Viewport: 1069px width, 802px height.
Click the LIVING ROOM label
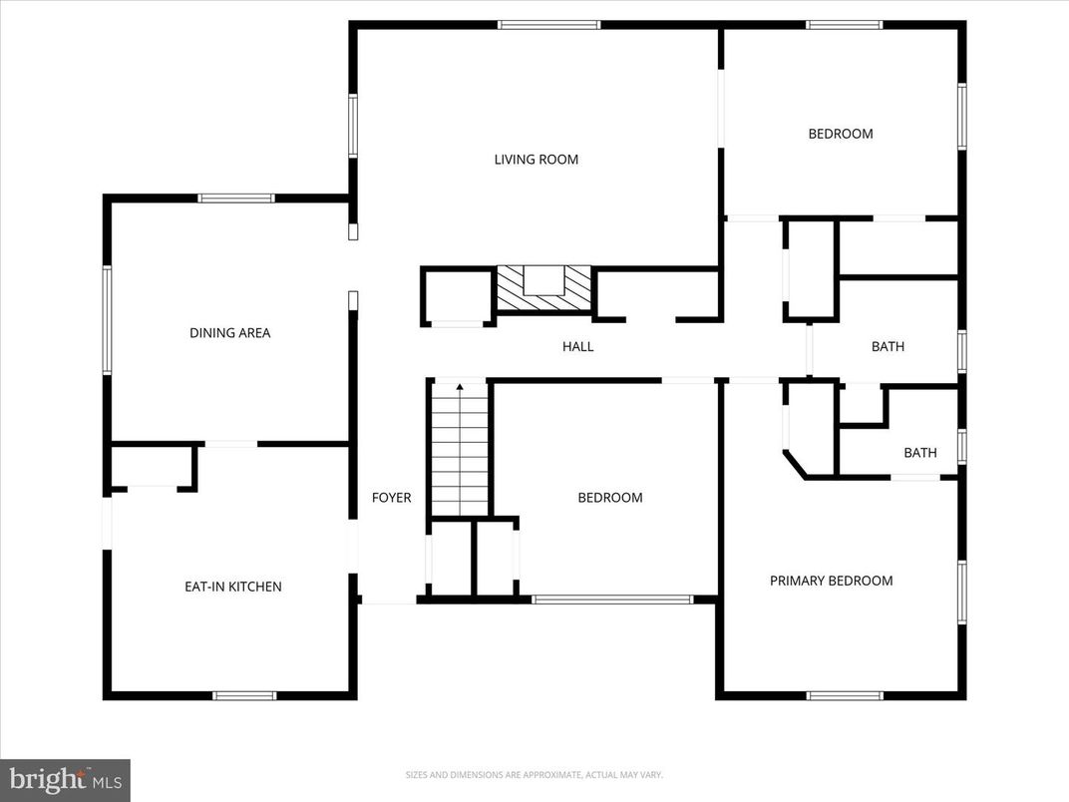(536, 160)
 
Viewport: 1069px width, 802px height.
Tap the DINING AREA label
(229, 333)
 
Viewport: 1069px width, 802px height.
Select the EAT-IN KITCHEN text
(232, 587)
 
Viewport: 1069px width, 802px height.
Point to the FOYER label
(391, 498)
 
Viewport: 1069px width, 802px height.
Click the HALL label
(577, 347)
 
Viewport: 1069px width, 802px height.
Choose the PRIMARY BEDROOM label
(831, 581)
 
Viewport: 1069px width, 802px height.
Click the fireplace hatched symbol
(543, 289)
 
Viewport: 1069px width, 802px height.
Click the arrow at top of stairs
(460, 387)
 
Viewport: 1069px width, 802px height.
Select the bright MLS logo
(65, 779)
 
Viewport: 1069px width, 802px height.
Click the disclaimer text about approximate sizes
(534, 775)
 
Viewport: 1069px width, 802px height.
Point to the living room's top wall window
(548, 24)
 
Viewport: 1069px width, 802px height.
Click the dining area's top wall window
(236, 198)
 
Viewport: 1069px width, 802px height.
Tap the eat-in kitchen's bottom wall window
(244, 695)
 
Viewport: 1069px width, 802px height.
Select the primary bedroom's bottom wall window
(844, 695)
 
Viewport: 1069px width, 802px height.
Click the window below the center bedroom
(611, 600)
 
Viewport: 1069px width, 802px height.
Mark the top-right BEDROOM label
(840, 134)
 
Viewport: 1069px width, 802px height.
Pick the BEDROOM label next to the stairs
(610, 498)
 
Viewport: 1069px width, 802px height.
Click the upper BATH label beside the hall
(888, 347)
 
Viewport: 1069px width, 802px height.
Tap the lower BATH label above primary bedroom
(919, 453)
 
